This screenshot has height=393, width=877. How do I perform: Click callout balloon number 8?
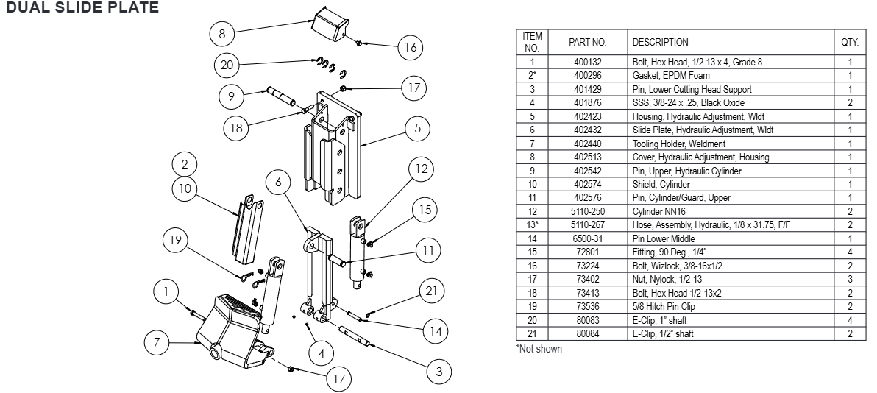(x=222, y=33)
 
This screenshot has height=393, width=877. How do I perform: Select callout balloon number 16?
(x=411, y=47)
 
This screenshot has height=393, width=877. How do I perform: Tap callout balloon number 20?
(x=227, y=65)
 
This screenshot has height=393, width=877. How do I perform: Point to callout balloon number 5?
(x=417, y=129)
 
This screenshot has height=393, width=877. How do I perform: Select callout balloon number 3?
(x=439, y=372)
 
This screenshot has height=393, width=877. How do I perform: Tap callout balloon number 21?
(x=429, y=291)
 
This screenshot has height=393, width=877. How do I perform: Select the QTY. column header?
(x=850, y=42)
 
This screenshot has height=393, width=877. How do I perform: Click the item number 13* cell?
(x=531, y=224)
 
